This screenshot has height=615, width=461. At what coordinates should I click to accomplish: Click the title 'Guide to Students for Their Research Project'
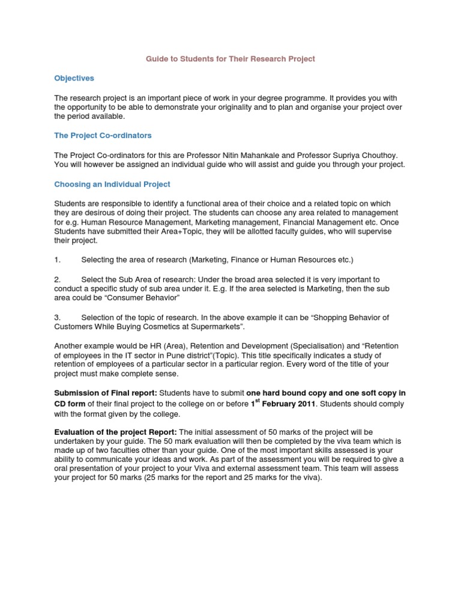[230, 59]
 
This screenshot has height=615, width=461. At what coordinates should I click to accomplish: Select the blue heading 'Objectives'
[74, 78]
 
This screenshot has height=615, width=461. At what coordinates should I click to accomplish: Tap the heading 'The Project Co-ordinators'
[103, 135]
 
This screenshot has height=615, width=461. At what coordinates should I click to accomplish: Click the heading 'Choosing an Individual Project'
[112, 184]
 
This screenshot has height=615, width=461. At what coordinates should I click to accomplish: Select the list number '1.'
[58, 260]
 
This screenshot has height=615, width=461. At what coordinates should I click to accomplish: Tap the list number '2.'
[58, 280]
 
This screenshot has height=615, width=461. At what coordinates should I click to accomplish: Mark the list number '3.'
[58, 317]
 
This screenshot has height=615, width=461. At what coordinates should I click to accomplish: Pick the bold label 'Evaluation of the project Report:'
[115, 432]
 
